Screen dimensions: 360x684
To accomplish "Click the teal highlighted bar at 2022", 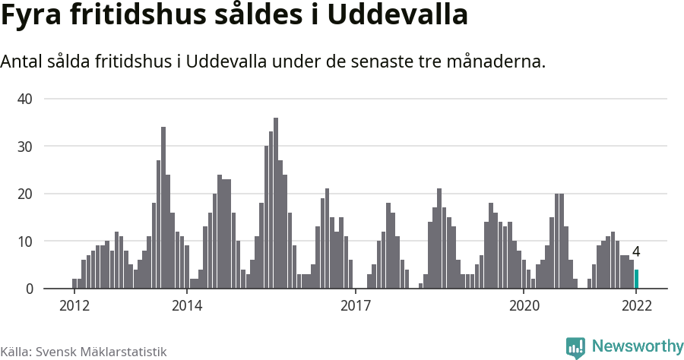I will pos(637,279).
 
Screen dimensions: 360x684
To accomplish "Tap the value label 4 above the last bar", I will pos(636,252).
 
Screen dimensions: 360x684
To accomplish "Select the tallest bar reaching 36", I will pos(276,203).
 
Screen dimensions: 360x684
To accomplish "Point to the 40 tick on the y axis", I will pos(25,99).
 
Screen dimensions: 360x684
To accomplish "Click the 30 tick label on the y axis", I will pos(25,147).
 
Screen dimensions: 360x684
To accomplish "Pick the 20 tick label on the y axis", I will pos(25,194).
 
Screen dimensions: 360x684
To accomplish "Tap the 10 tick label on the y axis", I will pos(25,242).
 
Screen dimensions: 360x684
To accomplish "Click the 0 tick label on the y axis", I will pos(29,289).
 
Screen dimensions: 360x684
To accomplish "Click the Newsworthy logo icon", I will pos(575,347).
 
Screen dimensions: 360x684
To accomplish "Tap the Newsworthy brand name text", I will pos(637,346).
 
